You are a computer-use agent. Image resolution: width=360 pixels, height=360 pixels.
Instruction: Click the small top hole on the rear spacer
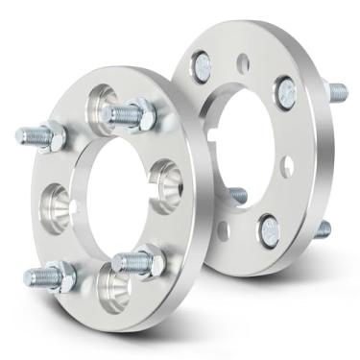(x=244, y=63)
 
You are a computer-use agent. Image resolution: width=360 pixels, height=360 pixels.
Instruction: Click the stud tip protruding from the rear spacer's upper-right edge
(x=339, y=93)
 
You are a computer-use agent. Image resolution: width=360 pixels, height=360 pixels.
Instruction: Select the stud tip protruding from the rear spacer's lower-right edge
(x=324, y=229)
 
